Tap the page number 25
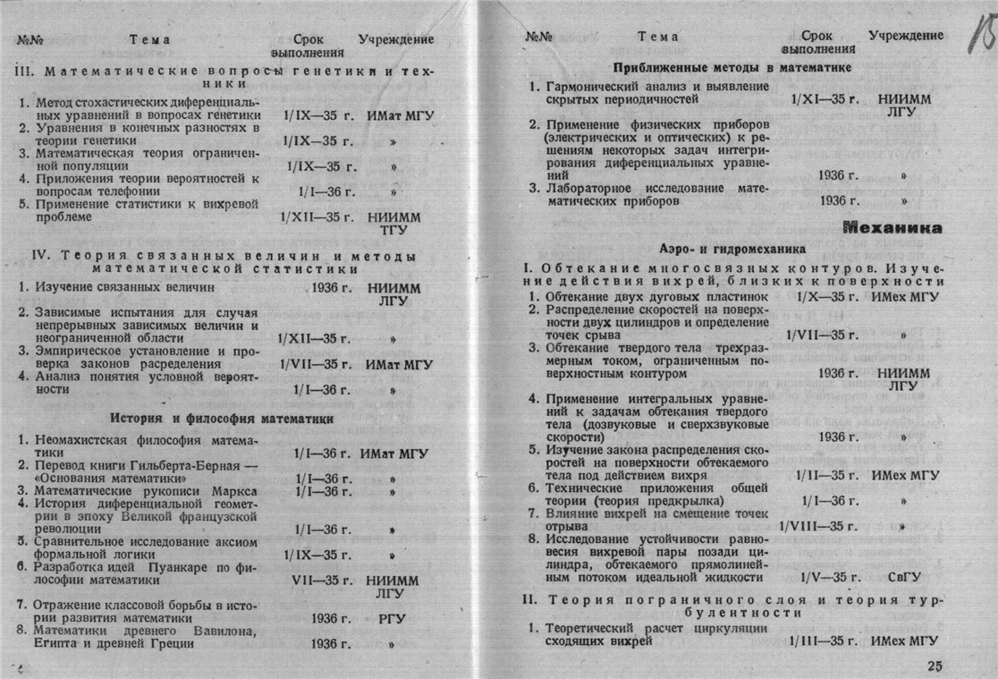935,666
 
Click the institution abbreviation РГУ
393,617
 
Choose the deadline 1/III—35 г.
824,641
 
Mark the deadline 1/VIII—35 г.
818,526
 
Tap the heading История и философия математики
222,418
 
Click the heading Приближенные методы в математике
732,68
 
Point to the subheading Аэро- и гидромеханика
733,247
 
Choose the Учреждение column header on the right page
905,36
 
